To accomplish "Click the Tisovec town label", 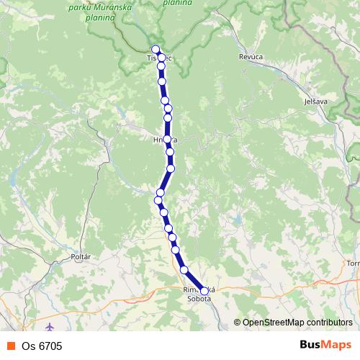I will (158, 57).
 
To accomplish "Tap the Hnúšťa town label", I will (165, 139).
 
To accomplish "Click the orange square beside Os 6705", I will (10, 346).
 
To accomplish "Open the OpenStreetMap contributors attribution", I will (297, 323).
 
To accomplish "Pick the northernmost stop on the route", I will (156, 50).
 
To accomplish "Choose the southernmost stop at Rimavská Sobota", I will (204, 291).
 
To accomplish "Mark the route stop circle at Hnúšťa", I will (167, 139).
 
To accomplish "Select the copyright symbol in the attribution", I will (238, 323).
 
